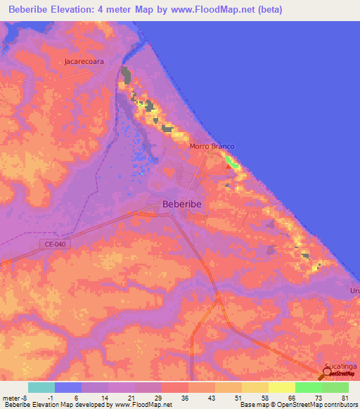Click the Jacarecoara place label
84,61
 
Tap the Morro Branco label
211,146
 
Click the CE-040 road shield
50,244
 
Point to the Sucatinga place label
341,367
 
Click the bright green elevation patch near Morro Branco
231,163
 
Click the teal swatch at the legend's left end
41,387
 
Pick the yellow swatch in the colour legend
282,387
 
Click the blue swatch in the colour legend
68,387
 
